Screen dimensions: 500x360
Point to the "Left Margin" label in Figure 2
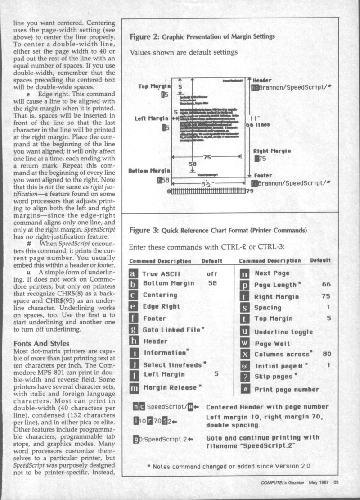point(152,118)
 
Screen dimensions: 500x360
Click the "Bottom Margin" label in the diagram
point(149,171)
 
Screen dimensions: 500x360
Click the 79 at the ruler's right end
point(250,191)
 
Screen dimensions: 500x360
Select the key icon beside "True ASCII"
point(133,273)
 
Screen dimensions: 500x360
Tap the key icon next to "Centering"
point(133,295)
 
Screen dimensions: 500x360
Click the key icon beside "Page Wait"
point(245,344)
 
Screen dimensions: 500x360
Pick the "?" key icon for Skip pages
point(245,377)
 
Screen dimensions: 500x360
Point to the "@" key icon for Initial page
point(245,366)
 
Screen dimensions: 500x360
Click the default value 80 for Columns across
point(327,354)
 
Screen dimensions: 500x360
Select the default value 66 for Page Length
point(327,285)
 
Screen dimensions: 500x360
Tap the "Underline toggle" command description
point(283,332)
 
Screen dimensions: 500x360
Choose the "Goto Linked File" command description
point(171,330)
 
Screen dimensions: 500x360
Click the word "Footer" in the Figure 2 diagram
point(263,176)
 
